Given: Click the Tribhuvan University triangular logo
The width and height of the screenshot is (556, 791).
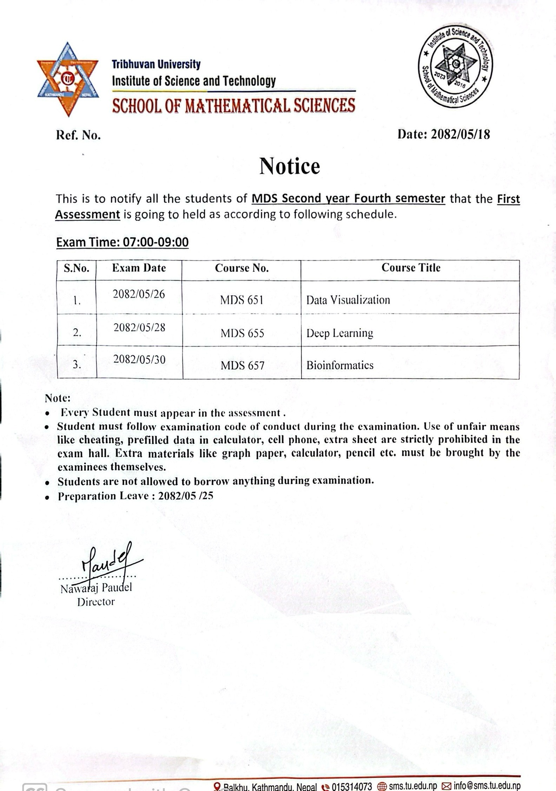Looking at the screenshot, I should click(68, 79).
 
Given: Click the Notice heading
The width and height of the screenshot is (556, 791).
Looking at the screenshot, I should click(290, 166).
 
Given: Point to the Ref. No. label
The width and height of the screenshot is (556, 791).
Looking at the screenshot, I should click(78, 135).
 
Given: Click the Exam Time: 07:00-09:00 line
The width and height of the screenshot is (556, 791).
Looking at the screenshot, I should click(123, 242).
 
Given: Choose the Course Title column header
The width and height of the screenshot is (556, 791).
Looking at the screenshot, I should click(411, 268).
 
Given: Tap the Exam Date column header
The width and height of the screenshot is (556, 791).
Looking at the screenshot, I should click(139, 268).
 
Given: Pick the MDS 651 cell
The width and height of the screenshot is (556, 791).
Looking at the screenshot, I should click(241, 300).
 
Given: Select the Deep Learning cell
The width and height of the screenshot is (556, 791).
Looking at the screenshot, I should click(339, 333).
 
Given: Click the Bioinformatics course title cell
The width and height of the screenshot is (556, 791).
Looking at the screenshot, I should click(340, 365).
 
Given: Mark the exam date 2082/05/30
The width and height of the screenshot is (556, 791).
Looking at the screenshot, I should click(139, 360).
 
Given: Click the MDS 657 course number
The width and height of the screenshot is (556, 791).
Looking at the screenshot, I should click(242, 366).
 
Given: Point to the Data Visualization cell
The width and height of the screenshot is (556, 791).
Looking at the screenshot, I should click(348, 300).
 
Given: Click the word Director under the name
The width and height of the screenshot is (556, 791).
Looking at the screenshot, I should click(96, 602).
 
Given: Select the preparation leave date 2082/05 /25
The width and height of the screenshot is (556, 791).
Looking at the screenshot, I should click(186, 496).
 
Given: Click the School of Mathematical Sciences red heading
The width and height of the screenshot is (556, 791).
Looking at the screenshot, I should click(233, 106).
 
